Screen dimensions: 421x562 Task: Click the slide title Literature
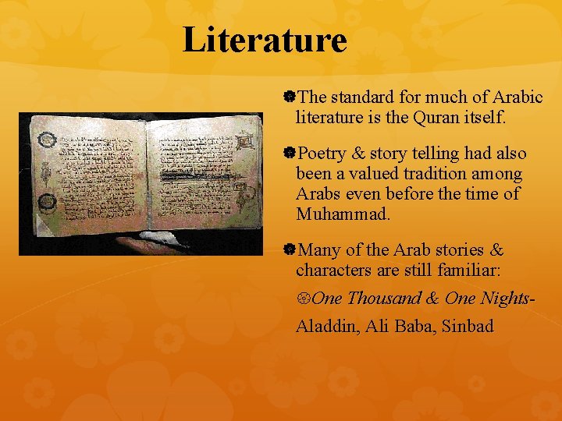pyautogui.click(x=265, y=40)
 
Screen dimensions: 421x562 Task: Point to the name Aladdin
pyautogui.click(x=329, y=326)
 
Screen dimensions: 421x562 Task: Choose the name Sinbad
pyautogui.click(x=468, y=326)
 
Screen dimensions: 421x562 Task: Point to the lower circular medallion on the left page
pyautogui.click(x=48, y=202)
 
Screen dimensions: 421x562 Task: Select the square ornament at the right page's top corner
pyautogui.click(x=244, y=141)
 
